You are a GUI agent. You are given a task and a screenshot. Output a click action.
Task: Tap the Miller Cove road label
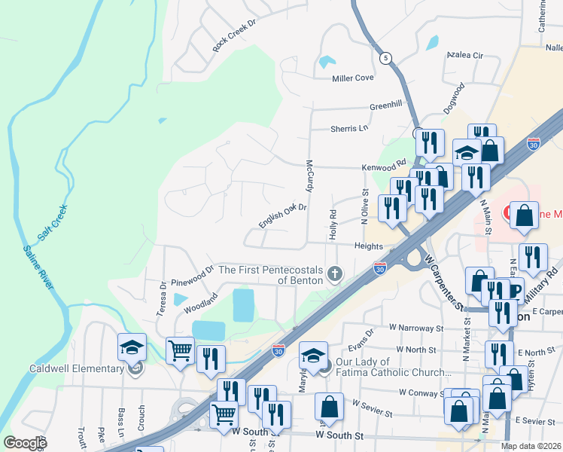(353, 78)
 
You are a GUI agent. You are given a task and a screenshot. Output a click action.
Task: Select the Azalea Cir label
(464, 56)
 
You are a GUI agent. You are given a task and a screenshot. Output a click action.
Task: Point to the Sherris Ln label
(349, 129)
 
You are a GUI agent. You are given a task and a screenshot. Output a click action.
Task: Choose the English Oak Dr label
(283, 215)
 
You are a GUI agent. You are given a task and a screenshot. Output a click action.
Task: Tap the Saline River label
(38, 267)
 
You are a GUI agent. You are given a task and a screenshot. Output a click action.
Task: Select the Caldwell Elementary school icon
(132, 348)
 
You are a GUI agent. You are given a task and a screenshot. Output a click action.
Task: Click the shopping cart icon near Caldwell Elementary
(180, 350)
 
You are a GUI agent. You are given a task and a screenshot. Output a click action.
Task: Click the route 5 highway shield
(386, 59)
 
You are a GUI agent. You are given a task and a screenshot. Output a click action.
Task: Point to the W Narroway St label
(415, 328)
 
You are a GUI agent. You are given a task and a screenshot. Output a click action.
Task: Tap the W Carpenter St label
(442, 282)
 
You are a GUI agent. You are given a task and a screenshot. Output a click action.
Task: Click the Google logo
(26, 443)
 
